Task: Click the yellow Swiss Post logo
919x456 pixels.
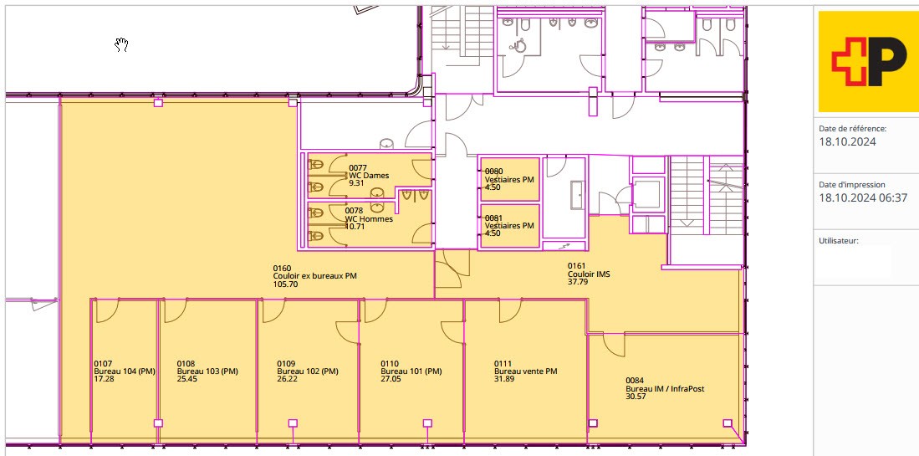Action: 869,62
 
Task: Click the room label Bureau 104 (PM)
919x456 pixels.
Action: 125,371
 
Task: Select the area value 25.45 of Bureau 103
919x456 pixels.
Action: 187,379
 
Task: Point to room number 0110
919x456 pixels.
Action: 390,364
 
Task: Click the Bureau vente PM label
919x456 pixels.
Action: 526,371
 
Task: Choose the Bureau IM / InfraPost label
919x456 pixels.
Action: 666,388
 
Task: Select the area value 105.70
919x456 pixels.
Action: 286,284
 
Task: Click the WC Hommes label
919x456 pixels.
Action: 369,219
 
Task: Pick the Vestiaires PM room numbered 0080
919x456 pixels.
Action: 509,179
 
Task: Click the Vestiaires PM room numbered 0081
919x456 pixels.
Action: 509,225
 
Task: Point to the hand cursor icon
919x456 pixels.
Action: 121,44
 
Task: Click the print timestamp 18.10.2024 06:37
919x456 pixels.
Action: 863,197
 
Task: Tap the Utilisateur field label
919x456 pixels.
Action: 839,240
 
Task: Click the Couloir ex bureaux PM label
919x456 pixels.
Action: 314,276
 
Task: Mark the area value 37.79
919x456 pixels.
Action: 578,282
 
